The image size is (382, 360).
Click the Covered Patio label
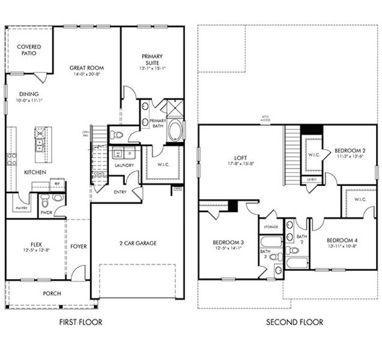28,50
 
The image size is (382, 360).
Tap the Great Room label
86,68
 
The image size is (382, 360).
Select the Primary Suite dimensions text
152,67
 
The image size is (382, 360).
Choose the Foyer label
79,245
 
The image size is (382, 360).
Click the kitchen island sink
40,144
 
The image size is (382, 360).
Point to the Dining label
28,94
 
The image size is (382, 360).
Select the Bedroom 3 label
228,242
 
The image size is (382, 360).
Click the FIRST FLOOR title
80,322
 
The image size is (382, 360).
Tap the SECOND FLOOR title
294,322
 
